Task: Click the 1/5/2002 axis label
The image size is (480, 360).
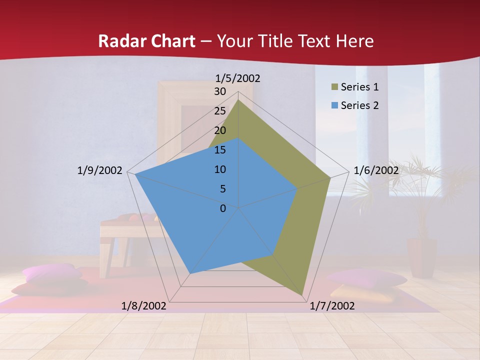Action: coord(237,78)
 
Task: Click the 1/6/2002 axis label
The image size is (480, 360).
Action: coord(376,170)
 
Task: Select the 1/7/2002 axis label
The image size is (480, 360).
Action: coord(332,306)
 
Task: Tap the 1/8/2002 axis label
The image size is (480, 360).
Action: coord(144,306)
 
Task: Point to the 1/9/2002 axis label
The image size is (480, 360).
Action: coord(99,170)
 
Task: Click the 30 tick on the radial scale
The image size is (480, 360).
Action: coord(220,91)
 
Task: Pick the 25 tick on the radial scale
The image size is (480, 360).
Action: coord(220,111)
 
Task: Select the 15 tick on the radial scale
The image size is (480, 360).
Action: coord(220,150)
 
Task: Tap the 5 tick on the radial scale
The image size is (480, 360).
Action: coord(222,189)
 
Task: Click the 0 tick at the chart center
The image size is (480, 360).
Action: coord(223,208)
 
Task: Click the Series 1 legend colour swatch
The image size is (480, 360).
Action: coord(334,87)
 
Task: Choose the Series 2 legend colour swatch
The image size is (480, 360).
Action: coord(334,105)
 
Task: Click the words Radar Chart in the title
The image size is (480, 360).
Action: coord(146,41)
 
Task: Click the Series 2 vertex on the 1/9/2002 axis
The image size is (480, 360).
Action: coord(135,174)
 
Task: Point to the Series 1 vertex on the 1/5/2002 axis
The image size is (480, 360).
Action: coord(238,100)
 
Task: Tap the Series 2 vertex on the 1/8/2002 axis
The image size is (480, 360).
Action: coord(190,273)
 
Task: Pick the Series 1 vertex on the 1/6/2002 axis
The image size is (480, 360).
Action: coord(330,177)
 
